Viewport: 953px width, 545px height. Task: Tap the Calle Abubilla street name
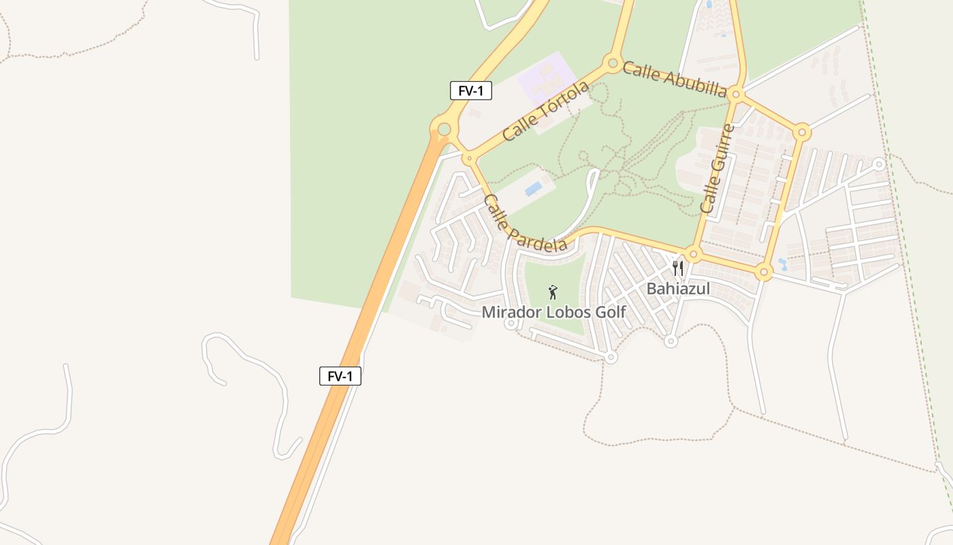click(x=674, y=79)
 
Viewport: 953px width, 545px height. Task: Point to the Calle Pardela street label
click(x=524, y=223)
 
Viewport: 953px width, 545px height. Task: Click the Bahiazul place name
click(x=678, y=289)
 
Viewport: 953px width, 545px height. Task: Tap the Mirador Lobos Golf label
click(x=553, y=312)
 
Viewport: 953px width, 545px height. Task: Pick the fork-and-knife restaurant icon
click(x=677, y=268)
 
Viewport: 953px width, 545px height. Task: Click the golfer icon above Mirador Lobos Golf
click(x=553, y=292)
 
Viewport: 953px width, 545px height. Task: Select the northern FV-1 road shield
click(x=470, y=91)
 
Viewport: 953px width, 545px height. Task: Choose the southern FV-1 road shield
click(x=340, y=376)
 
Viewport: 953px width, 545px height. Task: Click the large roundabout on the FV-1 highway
click(x=444, y=128)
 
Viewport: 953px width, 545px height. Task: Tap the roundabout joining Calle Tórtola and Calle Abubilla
click(x=613, y=65)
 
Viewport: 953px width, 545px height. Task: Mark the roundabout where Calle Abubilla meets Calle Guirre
click(x=736, y=95)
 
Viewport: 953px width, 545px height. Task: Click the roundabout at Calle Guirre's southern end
click(x=693, y=255)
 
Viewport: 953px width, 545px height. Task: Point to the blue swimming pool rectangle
click(x=534, y=188)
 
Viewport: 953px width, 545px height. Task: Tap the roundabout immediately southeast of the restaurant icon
click(x=764, y=272)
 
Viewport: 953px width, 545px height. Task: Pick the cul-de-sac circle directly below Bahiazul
click(x=671, y=341)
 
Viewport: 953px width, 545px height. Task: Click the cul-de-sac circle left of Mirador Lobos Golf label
click(x=511, y=324)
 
